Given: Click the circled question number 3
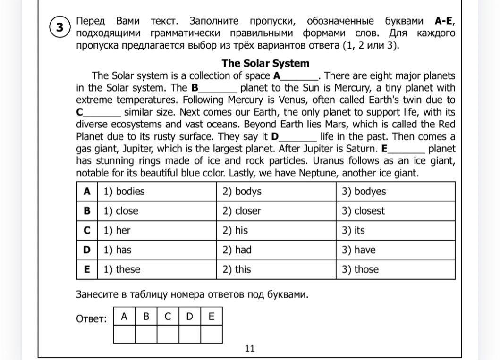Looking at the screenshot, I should (59, 27).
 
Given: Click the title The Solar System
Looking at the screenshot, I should (265, 63).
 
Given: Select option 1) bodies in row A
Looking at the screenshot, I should (124, 192).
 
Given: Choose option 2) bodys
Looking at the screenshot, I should (242, 192).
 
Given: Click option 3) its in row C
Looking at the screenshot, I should (353, 231).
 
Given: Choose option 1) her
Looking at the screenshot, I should (117, 231).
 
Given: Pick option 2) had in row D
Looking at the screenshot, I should (237, 250).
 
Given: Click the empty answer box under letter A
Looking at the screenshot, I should (124, 334).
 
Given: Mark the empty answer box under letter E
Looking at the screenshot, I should (211, 334).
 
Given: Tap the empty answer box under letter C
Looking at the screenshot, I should (168, 334).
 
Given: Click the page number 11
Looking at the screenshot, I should (250, 349).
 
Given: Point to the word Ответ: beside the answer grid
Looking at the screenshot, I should (92, 319).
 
